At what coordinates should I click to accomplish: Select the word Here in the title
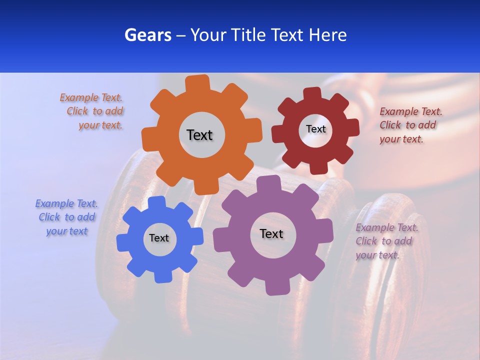pos(328,35)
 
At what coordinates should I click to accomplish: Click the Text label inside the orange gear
pos(199,135)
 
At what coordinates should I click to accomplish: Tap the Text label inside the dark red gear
pos(315,129)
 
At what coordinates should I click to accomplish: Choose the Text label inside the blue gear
pos(159,238)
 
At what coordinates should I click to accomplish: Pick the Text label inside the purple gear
pos(271,233)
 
